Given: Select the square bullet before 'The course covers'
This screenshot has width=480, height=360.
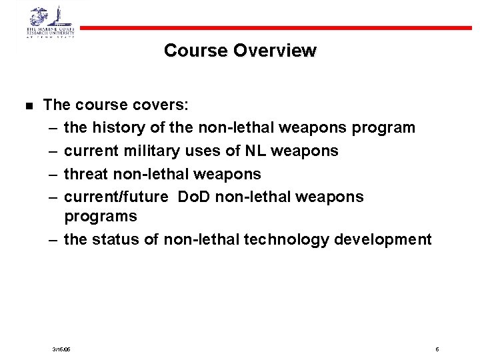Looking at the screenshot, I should (x=28, y=106).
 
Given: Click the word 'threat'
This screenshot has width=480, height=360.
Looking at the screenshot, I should (x=85, y=174).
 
